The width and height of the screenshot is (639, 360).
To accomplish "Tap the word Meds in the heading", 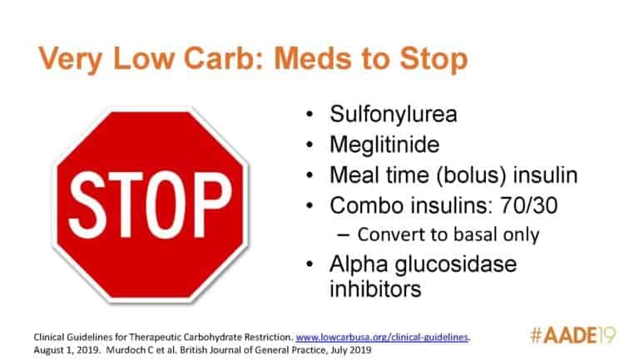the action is [313, 58].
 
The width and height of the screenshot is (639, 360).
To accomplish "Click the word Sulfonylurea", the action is [394, 114].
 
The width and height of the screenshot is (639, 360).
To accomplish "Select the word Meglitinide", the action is [384, 145].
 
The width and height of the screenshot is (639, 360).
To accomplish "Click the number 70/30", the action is [529, 205].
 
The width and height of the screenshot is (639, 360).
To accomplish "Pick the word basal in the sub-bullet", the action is [476, 234].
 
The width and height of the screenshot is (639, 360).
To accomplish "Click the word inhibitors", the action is [375, 289].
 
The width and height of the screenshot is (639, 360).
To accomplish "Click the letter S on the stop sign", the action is [86, 205].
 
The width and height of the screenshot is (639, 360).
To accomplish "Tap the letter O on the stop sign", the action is [161, 205].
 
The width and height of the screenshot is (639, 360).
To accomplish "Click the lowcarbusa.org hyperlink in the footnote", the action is [382, 338].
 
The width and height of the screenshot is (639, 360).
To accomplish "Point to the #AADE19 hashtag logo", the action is [572, 335].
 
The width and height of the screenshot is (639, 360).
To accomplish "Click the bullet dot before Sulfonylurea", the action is [310, 114].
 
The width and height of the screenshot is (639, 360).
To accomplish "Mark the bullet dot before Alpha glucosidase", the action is [310, 264].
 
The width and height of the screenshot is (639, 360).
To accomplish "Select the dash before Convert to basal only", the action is [344, 235].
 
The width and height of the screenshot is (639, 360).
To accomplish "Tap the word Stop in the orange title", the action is [433, 60].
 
